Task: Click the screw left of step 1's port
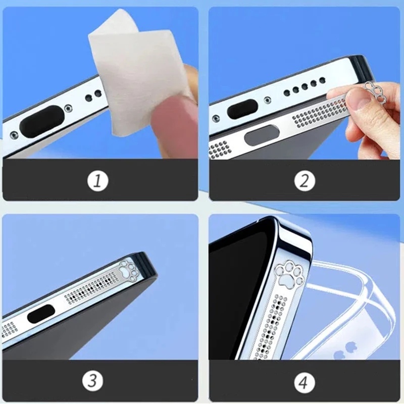tap(14, 135)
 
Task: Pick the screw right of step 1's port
tap(69, 108)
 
